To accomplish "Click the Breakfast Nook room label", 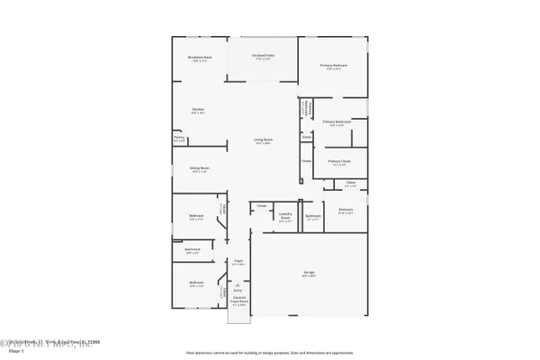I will [x=199, y=58].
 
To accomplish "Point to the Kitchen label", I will [x=197, y=110].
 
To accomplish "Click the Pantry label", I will [x=179, y=138].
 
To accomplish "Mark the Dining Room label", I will [x=199, y=167].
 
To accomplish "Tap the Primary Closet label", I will [x=339, y=162].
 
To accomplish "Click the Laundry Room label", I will [x=285, y=217].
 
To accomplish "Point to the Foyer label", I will [x=238, y=262].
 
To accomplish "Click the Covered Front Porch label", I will [x=239, y=302].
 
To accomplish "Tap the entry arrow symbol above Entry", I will [x=238, y=283].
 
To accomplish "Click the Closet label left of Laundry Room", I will [x=262, y=206].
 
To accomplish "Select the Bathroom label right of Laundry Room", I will [x=312, y=216].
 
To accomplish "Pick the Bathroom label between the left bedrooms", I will [x=192, y=251].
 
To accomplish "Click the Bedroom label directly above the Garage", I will [x=346, y=210].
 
